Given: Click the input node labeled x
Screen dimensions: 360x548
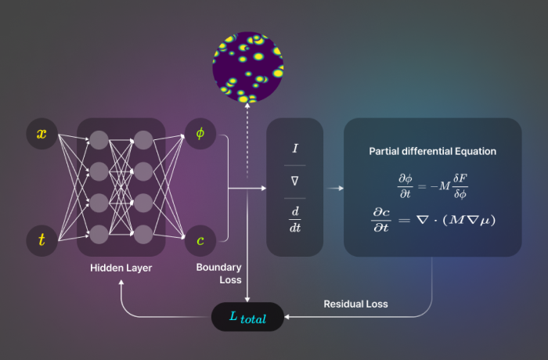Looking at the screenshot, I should (41, 134).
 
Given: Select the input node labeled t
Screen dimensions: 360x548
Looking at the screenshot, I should (41, 240).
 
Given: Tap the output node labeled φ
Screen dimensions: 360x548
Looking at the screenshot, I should (200, 134).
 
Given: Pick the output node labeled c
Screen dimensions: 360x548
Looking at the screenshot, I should (200, 240).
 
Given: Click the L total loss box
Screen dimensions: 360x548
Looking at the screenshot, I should (247, 318).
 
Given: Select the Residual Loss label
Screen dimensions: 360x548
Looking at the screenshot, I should (355, 304).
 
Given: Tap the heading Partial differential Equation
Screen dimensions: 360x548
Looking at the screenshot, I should (432, 150).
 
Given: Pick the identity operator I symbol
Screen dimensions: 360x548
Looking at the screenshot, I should (294, 147).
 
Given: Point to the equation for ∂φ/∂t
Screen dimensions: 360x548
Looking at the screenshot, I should (432, 185).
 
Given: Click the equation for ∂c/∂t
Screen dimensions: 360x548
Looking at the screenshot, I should (432, 219).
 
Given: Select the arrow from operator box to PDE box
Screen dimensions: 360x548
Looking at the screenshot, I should (334, 188).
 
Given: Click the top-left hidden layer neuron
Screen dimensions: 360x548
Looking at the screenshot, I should (99, 140).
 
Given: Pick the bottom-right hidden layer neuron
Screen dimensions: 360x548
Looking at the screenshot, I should (143, 233).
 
